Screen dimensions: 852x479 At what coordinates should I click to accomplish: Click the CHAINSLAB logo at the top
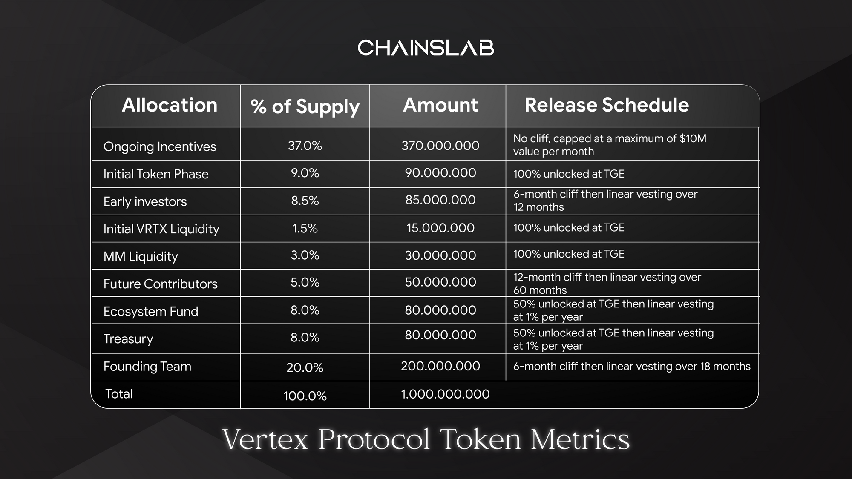coord(426,48)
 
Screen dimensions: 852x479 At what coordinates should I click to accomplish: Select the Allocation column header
coord(170,105)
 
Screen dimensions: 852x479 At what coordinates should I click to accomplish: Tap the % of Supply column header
coord(305,107)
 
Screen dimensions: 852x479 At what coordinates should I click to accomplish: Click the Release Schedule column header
coord(607,105)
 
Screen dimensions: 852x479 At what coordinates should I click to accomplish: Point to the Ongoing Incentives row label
coord(160,146)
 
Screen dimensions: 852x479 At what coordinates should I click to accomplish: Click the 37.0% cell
coord(305,146)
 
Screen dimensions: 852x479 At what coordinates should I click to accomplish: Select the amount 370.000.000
coord(440,146)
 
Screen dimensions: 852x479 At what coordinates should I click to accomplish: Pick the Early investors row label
coord(145,201)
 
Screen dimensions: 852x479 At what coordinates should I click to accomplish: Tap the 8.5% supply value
coord(305,201)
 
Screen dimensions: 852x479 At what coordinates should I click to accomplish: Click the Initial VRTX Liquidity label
coord(161,229)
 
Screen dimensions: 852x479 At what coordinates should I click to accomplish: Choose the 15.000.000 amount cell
coord(440,228)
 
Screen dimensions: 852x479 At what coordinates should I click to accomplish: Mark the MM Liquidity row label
coord(141,256)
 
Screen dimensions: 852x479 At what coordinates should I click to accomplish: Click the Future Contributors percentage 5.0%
coord(305,282)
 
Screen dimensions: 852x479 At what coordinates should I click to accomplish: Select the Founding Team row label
coord(147,367)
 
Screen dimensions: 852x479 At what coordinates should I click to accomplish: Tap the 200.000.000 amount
coord(440,366)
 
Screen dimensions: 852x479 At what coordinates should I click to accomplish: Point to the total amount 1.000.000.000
coord(445,394)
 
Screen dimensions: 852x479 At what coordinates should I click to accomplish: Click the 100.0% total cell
coord(305,396)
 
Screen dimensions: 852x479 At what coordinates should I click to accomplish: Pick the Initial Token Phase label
coord(156,174)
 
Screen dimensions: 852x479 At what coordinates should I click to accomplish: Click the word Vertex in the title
coord(265,439)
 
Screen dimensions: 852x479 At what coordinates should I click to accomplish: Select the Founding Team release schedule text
coord(632,367)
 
